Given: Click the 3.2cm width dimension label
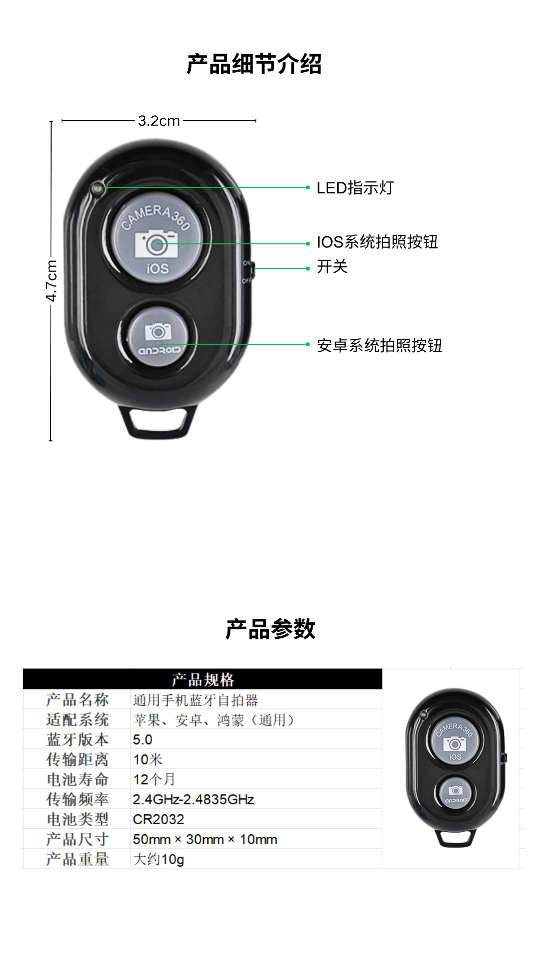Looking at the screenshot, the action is coord(159,121).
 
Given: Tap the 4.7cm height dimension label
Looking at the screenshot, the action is coord(52,281).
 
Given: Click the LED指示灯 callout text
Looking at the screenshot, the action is coord(355,188).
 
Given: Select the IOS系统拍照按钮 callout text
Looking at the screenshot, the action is coord(377,242).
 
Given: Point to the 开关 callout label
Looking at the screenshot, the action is coord(332,267).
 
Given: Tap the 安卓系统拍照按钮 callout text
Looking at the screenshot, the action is coord(379,345).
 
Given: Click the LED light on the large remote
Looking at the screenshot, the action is coord(98,189).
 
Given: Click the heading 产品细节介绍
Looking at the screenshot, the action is coord(254,65).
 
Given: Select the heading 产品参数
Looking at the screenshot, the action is coord(270,629).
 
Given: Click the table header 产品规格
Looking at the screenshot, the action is coord(202,679).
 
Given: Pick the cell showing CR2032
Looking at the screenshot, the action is coord(158,819).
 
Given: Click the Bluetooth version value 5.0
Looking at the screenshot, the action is coord(143,740).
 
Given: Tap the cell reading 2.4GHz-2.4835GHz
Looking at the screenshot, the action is coord(193,799).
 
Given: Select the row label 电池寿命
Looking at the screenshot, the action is coord(77,779).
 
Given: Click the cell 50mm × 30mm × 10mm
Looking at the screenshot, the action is coord(205,839).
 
